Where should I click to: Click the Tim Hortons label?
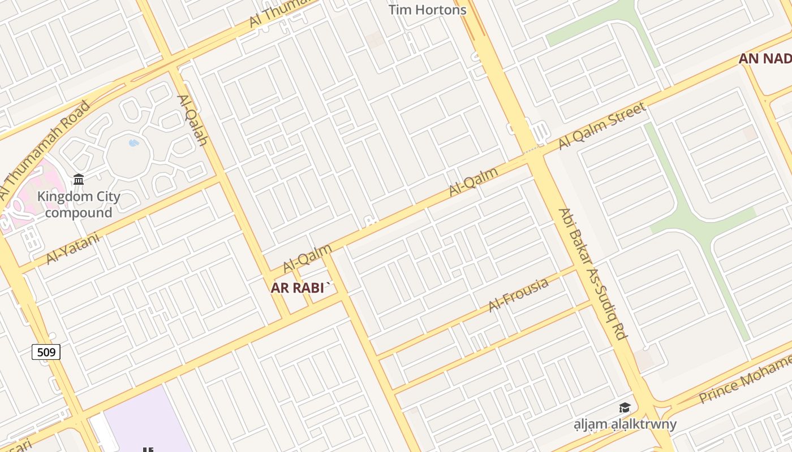click(427, 10)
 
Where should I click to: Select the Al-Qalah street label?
click(193, 120)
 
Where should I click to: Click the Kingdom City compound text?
click(79, 205)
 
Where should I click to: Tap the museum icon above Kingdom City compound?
click(79, 180)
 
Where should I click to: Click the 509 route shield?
click(46, 353)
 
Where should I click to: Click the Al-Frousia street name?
click(518, 294)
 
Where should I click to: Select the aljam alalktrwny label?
click(625, 424)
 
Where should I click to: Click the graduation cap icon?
click(625, 407)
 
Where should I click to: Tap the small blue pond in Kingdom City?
click(134, 143)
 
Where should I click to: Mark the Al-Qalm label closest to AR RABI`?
click(308, 258)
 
